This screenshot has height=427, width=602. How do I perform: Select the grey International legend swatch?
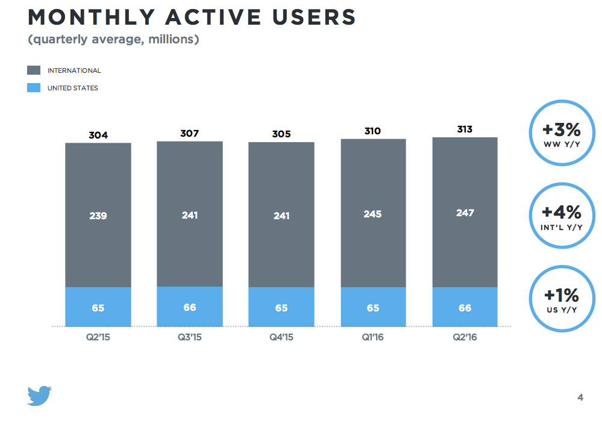(34, 70)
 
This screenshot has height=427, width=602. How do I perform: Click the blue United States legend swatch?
(34, 88)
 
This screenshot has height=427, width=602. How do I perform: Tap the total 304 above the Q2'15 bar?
(98, 135)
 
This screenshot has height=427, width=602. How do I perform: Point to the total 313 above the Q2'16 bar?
(465, 129)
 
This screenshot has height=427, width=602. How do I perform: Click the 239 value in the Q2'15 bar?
(98, 216)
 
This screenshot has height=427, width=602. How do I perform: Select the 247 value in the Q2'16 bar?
(465, 213)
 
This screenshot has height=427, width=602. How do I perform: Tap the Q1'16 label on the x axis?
(373, 338)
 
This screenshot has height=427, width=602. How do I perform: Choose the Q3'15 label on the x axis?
(190, 338)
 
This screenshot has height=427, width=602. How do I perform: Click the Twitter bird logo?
(40, 396)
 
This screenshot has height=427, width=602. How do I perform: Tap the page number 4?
(580, 397)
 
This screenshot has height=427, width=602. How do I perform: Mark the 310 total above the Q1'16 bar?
(373, 131)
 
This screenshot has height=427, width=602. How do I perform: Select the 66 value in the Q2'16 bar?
(465, 308)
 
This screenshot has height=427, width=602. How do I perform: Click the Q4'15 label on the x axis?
(281, 338)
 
